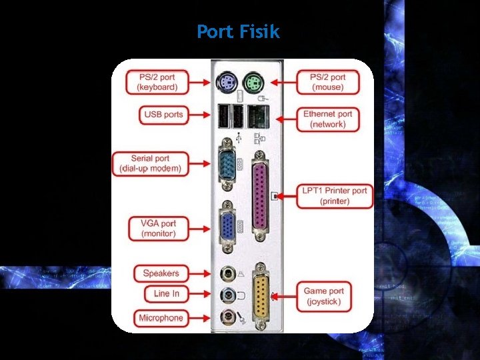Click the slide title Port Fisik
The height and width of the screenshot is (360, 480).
click(239, 31)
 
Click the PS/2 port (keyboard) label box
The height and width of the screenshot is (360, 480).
click(157, 83)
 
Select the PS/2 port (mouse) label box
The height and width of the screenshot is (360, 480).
click(328, 83)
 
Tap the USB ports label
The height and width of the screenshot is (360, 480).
click(163, 115)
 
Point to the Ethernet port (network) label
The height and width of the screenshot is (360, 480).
click(328, 119)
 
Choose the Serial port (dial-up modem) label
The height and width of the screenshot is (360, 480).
click(150, 164)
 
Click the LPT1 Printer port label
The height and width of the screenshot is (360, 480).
click(335, 195)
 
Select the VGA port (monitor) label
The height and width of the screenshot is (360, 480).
click(159, 229)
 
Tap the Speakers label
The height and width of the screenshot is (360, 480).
click(161, 273)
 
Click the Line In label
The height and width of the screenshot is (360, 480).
click(166, 293)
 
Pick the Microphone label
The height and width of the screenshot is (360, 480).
click(161, 318)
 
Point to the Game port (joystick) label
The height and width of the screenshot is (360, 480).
click(324, 296)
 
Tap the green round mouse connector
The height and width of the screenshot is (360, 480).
click(253, 83)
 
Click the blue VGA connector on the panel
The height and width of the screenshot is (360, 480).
click(227, 226)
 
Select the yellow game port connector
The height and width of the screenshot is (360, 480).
click(261, 296)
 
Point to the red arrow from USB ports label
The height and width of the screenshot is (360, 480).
click(201, 115)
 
